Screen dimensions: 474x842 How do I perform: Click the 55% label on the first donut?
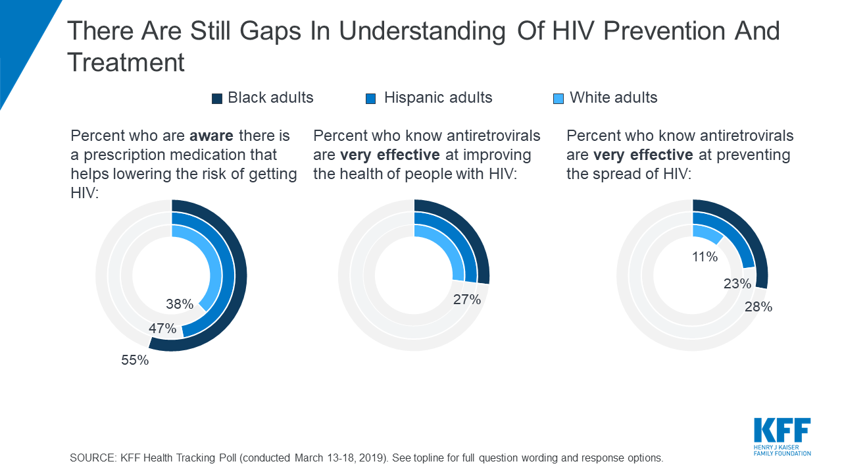coord(135,360)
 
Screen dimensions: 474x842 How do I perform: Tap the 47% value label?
coord(162,329)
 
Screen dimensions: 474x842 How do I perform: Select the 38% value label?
coord(180,304)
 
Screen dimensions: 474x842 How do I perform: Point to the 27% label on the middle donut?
coord(467,300)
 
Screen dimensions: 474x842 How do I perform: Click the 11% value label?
coord(705,257)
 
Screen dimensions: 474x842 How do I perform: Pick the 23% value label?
coord(737,284)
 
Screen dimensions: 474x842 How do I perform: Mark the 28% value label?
coord(758,307)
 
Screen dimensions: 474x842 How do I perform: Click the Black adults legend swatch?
coord(217,99)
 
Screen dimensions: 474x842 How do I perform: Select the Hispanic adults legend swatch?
coord(370,99)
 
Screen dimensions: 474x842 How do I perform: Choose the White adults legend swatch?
coord(558,99)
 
